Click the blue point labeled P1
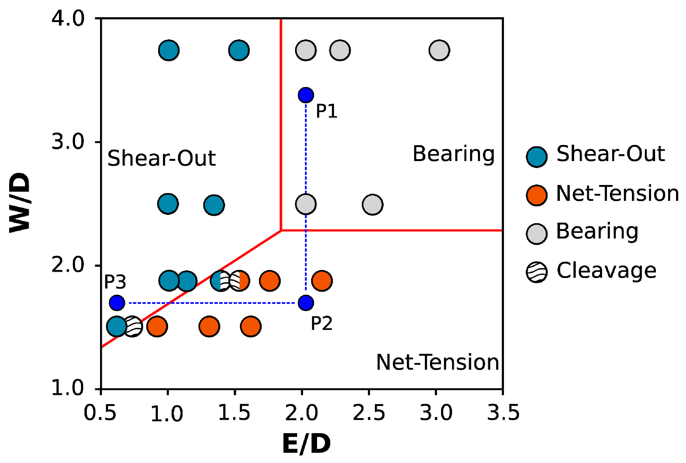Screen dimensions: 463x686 305,95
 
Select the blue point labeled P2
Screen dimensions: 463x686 305,302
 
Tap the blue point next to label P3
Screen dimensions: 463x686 117,302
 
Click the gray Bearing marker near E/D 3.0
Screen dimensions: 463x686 439,50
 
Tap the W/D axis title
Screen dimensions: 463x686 20,203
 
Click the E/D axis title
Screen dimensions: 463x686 306,444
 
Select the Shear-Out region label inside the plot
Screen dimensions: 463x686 161,158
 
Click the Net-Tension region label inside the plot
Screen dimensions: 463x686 437,362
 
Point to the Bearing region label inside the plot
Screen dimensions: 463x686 453,154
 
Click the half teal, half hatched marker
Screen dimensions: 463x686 221,281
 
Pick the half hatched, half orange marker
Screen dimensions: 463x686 239,281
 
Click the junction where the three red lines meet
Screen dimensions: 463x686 281,230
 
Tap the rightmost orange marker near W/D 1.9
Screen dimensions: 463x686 322,281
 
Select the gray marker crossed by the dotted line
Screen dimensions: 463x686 305,204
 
